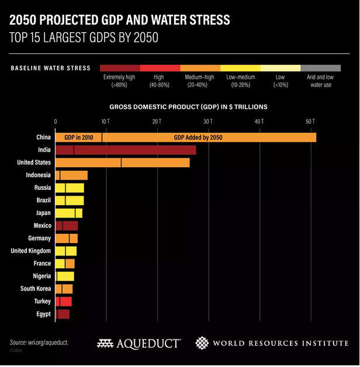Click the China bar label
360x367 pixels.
tap(43, 137)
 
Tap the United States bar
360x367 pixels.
tap(122, 162)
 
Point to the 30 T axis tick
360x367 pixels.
tap(207, 122)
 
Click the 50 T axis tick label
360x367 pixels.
tap(310, 122)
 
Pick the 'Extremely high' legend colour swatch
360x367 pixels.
tap(120, 68)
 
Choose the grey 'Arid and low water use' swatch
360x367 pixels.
tap(320, 68)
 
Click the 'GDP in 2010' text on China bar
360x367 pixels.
tap(79, 137)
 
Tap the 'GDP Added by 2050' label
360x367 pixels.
tap(198, 137)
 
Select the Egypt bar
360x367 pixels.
tap(63, 314)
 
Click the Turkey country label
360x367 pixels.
tap(41, 302)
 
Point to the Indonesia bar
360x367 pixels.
tap(71, 175)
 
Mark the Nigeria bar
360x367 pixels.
tap(64, 276)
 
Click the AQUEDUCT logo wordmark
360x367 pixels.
tap(139, 344)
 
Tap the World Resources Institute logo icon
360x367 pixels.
tap(202, 343)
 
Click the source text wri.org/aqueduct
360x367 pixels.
tap(39, 342)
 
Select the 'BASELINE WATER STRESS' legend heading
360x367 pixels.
tap(51, 68)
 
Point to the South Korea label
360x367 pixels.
tap(36, 289)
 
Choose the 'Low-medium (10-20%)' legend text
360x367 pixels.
tap(240, 81)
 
